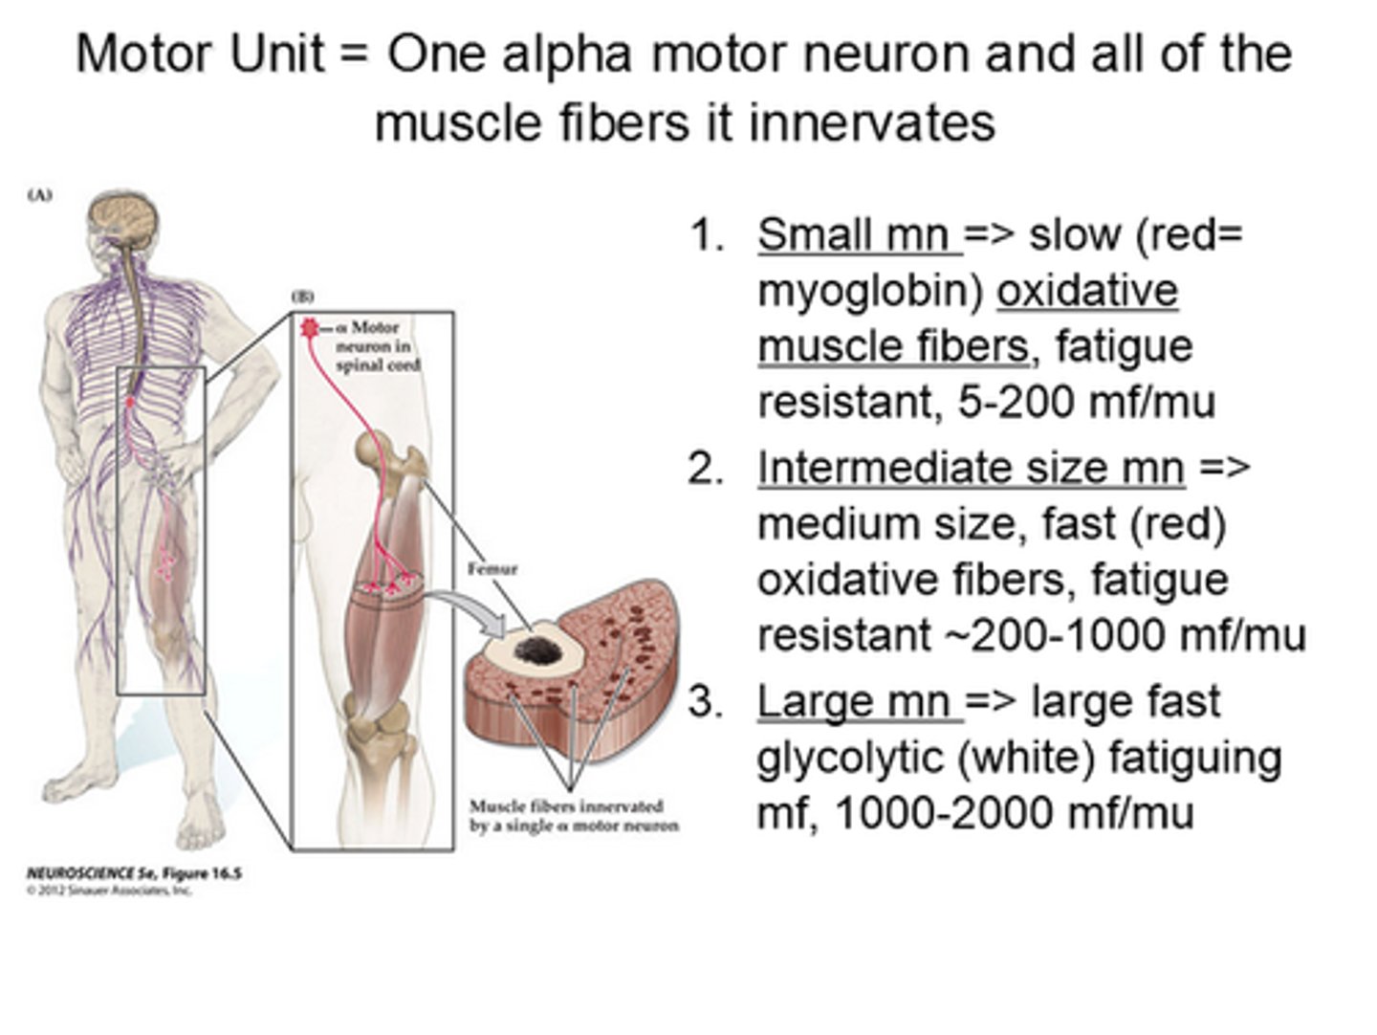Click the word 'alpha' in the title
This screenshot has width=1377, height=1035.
[x=566, y=54]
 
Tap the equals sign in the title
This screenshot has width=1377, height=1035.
[x=353, y=55]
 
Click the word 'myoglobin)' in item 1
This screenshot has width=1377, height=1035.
[x=869, y=291]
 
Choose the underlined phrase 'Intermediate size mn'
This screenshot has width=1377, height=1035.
[x=971, y=468]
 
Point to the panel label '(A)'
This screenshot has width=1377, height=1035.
[x=39, y=195]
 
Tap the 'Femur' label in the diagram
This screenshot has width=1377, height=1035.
[x=492, y=569]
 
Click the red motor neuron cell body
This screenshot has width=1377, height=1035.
[x=309, y=327]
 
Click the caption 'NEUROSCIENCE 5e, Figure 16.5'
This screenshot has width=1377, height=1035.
[x=134, y=873]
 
